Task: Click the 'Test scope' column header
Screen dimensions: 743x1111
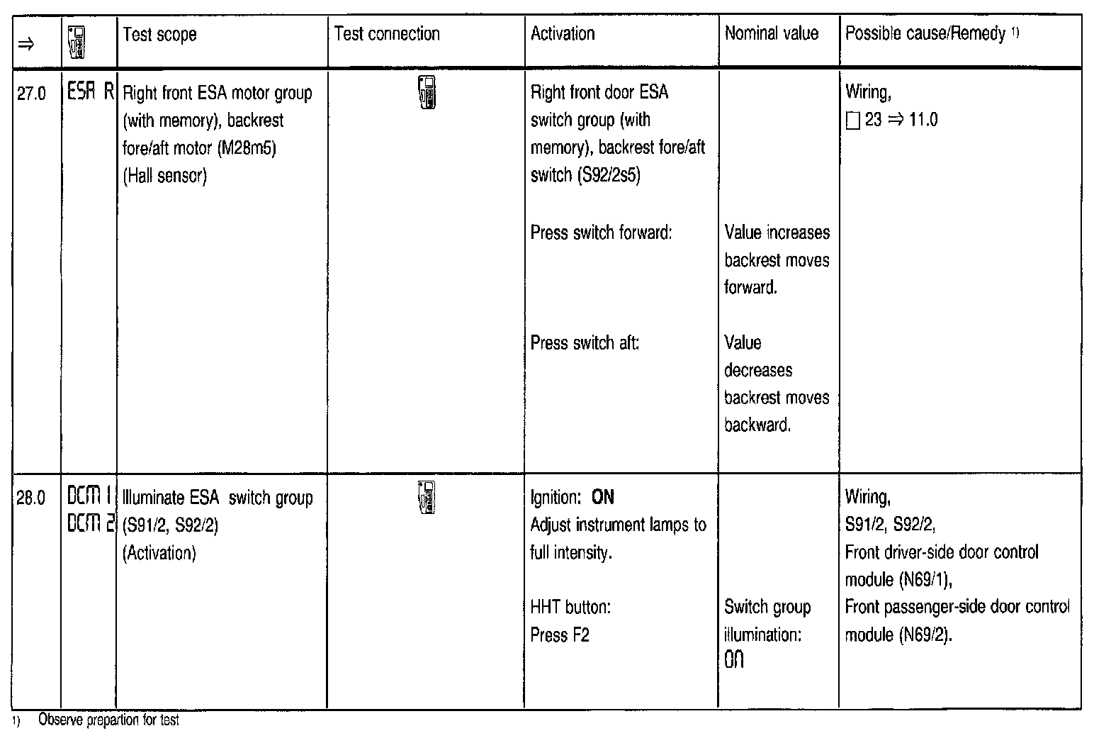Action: tap(159, 35)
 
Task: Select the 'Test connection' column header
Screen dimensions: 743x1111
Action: tap(387, 34)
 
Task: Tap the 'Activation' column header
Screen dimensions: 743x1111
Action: tap(563, 34)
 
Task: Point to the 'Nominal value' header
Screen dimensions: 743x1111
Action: tap(771, 33)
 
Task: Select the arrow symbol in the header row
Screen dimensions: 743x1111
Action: tap(26, 44)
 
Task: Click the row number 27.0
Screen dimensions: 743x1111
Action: tap(30, 94)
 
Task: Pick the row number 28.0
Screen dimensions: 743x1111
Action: tap(30, 498)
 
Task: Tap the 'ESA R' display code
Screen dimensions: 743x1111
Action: tap(90, 93)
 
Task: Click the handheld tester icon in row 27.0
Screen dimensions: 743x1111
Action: tap(427, 91)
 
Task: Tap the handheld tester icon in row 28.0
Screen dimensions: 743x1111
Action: tap(427, 497)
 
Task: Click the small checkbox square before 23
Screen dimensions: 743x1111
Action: tap(852, 121)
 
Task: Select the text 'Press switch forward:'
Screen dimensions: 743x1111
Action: tap(601, 233)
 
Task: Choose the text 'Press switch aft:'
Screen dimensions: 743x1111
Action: tap(585, 343)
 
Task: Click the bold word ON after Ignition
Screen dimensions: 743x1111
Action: tap(602, 498)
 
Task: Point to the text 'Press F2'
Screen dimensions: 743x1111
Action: tap(560, 635)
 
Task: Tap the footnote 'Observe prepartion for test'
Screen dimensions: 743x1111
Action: tap(108, 721)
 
